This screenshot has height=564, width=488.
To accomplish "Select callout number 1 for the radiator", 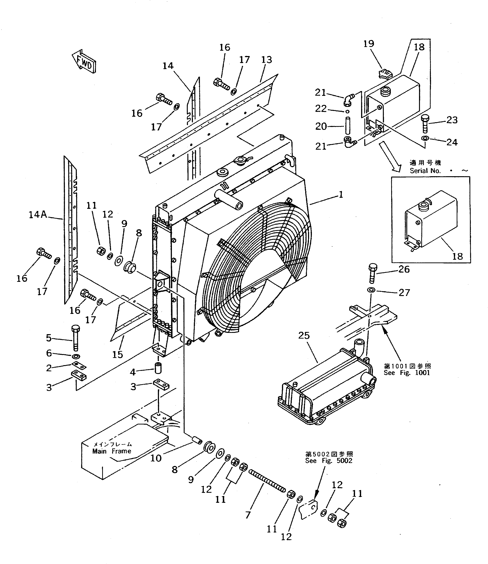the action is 341,195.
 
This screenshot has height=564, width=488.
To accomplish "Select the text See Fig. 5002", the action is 329,461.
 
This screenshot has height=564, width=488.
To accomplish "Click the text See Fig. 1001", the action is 407,373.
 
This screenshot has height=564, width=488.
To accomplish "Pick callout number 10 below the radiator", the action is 156,458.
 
